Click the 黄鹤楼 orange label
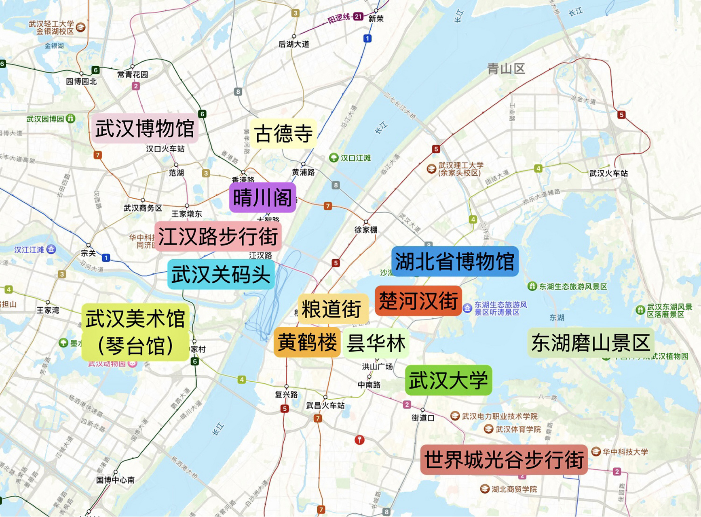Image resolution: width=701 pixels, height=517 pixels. [x=307, y=343]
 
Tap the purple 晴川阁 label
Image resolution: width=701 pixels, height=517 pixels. [x=263, y=198]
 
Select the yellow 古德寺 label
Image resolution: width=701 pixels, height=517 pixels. [x=283, y=134]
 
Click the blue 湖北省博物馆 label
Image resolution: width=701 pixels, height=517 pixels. [x=455, y=261]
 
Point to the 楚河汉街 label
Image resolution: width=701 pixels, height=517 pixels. [x=418, y=301]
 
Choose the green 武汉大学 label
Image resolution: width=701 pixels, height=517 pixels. [x=448, y=380]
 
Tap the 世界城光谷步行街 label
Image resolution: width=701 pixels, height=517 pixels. [x=504, y=460]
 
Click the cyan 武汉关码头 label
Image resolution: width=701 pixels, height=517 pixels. [x=221, y=275]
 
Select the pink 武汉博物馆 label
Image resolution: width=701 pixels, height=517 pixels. [x=145, y=128]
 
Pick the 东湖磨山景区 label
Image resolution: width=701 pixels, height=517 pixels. [x=590, y=343]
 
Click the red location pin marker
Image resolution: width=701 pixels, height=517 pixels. [x=359, y=439]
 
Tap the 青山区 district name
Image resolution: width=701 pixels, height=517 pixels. [x=506, y=69]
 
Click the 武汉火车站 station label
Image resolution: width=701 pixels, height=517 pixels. [x=608, y=173]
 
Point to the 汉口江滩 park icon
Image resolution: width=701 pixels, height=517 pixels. [x=334, y=158]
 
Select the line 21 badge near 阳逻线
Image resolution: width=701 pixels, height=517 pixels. [x=358, y=17]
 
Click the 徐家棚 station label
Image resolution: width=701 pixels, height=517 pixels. [x=366, y=230]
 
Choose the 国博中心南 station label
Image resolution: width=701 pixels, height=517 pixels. [x=115, y=480]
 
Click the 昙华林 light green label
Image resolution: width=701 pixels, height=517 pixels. [x=376, y=343]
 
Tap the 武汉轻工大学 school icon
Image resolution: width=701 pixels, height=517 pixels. [x=81, y=27]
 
